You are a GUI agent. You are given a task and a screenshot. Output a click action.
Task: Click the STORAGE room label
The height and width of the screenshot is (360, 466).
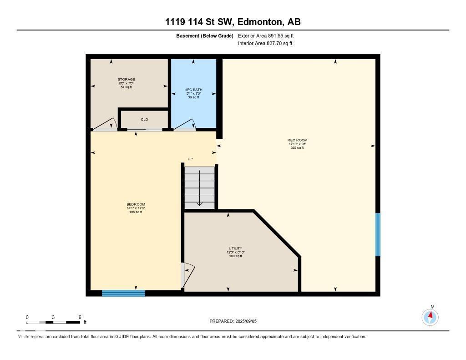click(127, 80)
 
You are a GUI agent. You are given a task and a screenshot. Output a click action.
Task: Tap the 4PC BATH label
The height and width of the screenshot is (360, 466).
click(193, 90)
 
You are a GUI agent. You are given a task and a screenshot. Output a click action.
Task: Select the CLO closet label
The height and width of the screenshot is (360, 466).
click(144, 120)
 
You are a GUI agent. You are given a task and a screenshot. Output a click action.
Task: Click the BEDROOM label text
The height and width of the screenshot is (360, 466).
click(136, 204)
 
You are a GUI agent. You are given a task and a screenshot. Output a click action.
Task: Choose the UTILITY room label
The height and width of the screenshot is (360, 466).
click(235, 248)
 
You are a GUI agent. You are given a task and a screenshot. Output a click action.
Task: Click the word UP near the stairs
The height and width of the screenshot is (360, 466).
click(191, 159)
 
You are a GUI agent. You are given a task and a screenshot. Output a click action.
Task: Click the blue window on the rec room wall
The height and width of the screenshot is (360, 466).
click(377, 234)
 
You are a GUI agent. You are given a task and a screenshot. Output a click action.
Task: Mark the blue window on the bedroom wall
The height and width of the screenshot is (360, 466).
click(123, 293)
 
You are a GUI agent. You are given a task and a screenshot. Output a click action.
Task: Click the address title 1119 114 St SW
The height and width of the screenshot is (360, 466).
click(233, 22)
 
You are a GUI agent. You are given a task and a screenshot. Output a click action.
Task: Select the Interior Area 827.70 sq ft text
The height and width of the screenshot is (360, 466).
click(265, 44)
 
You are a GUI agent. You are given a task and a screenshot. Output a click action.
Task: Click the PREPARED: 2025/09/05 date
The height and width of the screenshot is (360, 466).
click(236, 321)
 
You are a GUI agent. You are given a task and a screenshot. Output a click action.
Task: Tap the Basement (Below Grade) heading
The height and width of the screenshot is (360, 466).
click(204, 35)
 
